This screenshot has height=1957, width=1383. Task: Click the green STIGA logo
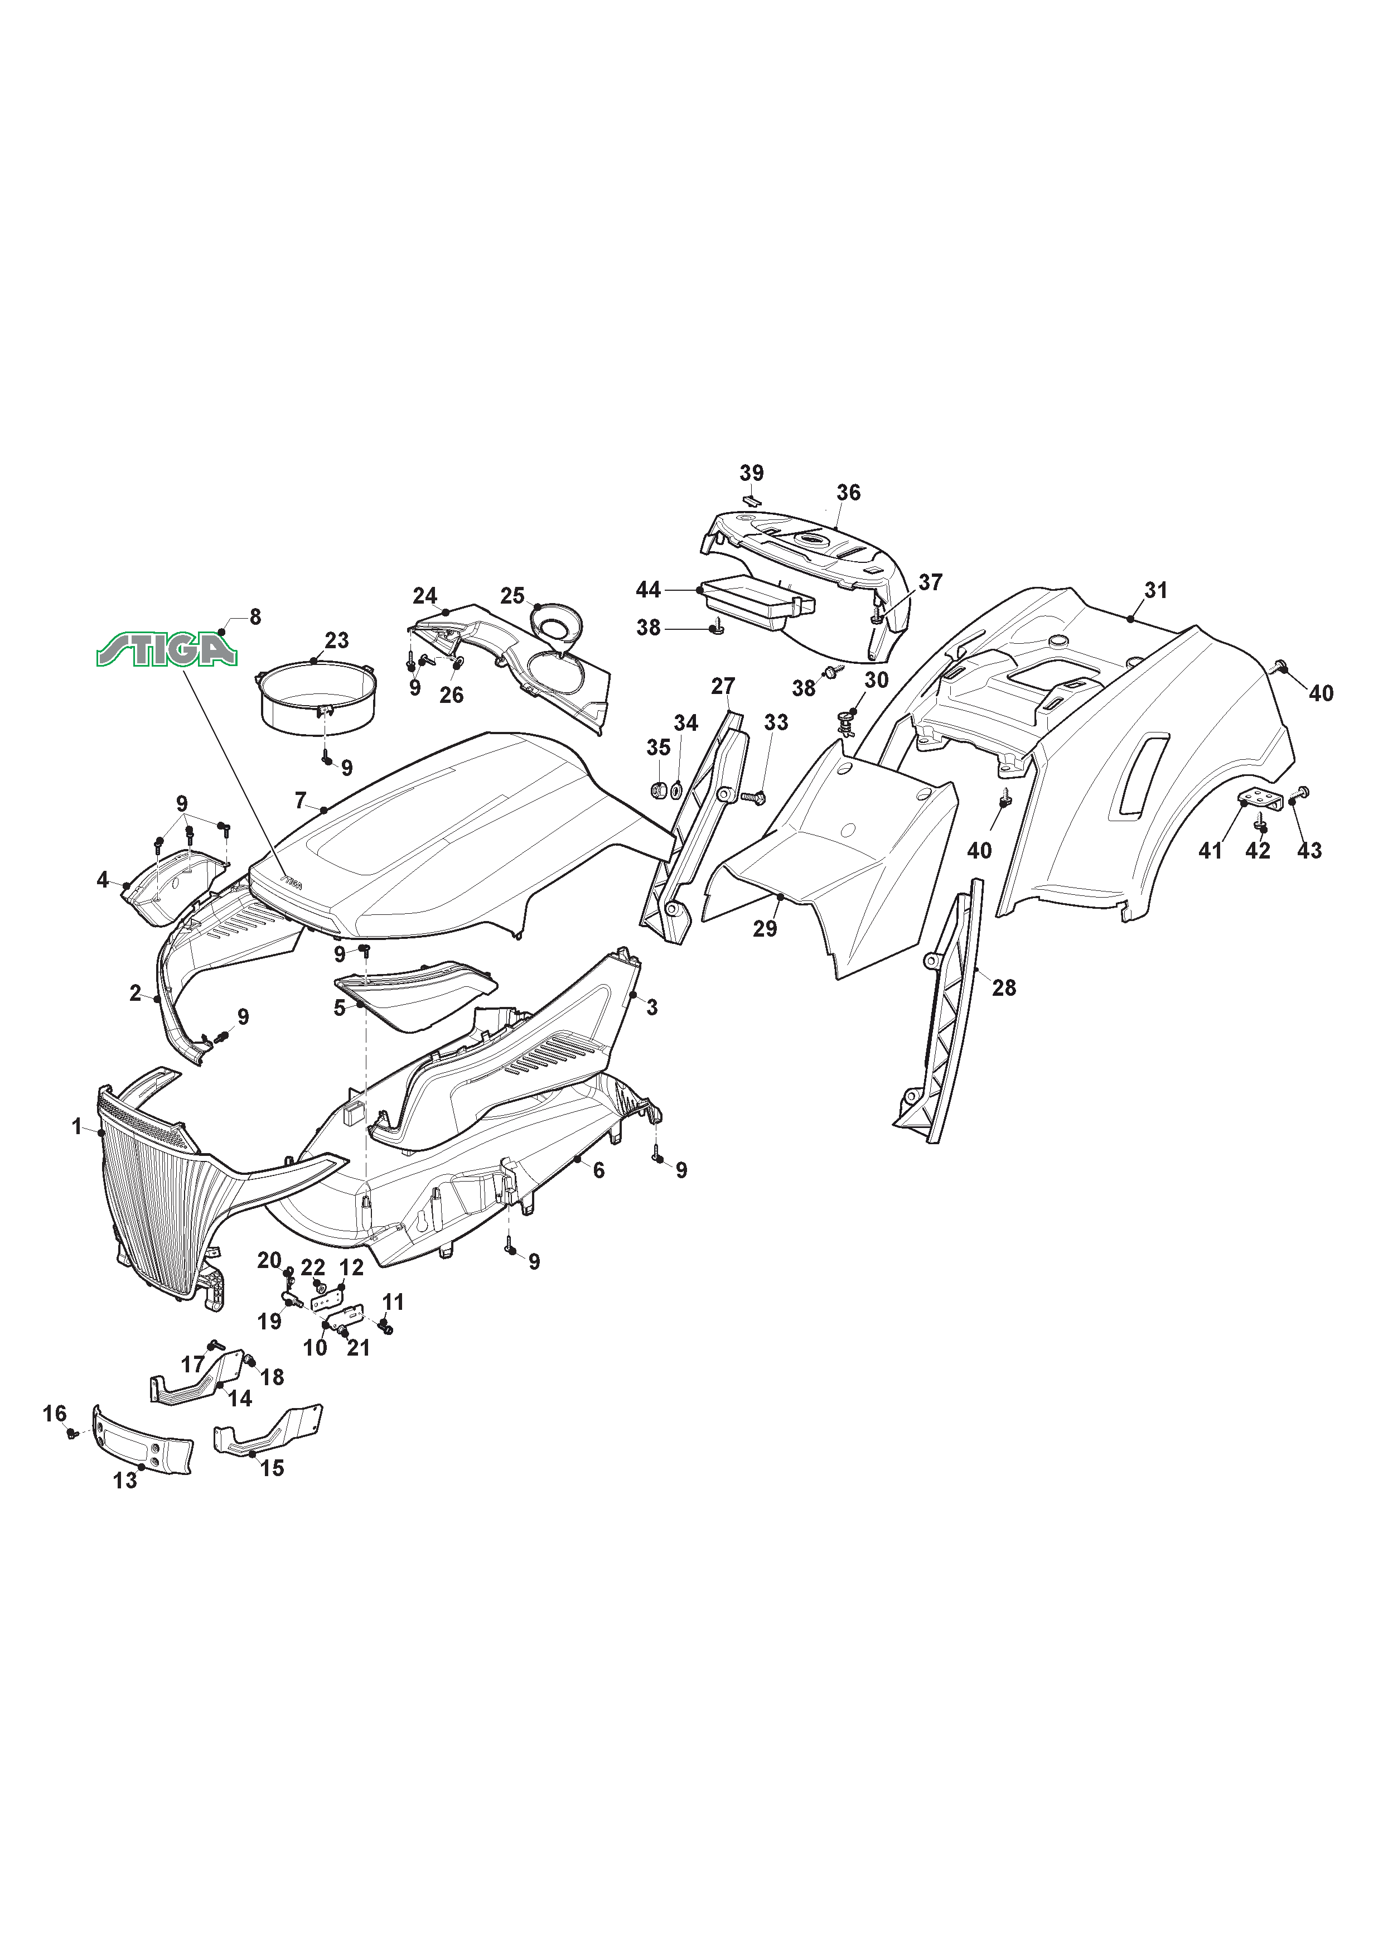pyautogui.click(x=166, y=650)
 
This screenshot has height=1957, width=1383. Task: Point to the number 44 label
pyautogui.click(x=649, y=589)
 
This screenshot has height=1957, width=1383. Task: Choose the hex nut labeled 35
pyautogui.click(x=658, y=790)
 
